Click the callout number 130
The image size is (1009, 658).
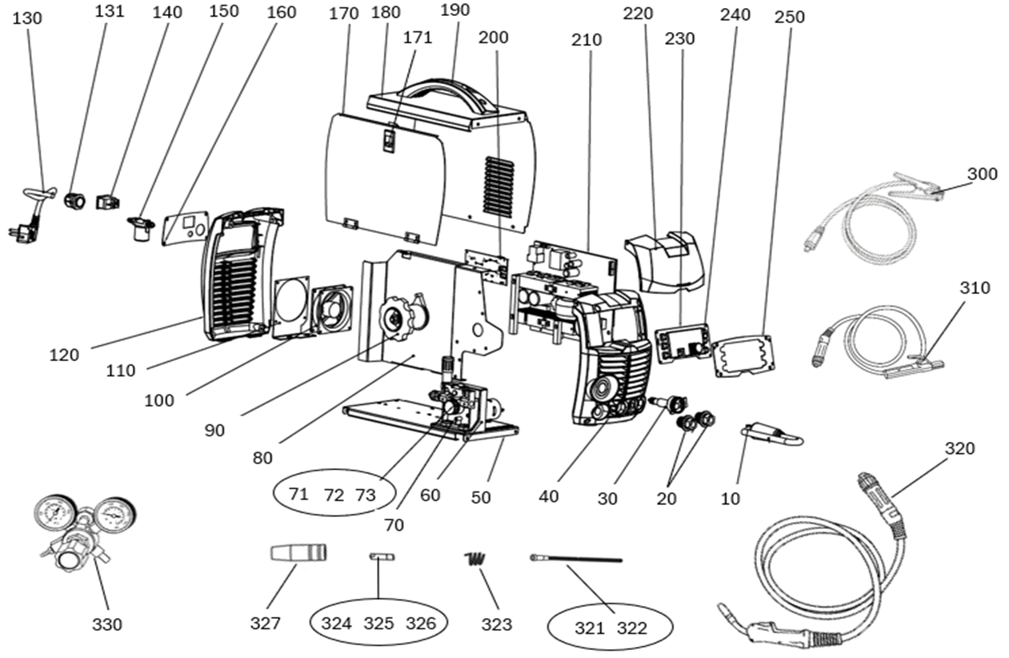27,18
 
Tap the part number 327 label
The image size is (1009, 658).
266,624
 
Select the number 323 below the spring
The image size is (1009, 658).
497,624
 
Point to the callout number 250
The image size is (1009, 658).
789,17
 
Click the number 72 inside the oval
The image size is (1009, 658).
334,496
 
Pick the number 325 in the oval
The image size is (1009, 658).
378,624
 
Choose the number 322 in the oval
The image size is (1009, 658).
631,628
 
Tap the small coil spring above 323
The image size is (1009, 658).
474,559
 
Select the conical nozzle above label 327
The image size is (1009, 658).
298,552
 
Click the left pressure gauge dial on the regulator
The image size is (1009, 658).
54,513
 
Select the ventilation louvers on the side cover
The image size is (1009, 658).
499,188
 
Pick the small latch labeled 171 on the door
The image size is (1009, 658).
389,141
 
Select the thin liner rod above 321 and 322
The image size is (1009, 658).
576,559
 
